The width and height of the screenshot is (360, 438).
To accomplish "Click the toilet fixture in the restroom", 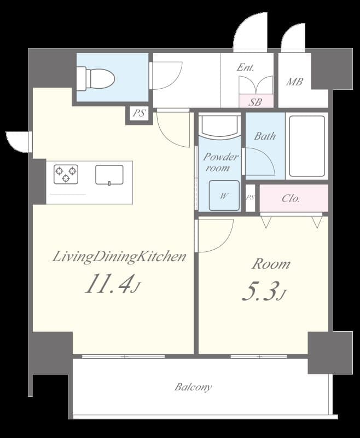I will (97, 78).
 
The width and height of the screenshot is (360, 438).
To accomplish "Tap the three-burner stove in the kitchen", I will (66, 174).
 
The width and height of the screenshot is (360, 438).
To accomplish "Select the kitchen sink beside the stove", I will (109, 175).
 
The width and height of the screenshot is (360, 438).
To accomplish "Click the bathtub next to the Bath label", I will (307, 146).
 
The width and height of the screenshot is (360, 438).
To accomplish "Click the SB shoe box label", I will (255, 102).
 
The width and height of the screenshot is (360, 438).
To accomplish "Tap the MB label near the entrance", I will (295, 82).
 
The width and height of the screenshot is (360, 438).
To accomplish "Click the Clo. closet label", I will (291, 198).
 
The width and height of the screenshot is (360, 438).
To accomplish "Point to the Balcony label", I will (193, 387).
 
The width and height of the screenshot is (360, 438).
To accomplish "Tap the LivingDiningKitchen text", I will (119, 256).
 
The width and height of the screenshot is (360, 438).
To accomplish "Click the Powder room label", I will (220, 163).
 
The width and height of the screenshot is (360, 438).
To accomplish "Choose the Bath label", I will (265, 136).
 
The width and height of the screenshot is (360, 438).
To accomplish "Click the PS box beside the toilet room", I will (139, 114).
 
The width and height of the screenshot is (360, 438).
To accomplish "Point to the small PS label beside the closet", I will (251, 197).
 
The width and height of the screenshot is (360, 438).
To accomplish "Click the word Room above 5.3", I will (270, 264).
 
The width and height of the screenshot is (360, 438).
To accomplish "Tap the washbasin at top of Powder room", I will (219, 125).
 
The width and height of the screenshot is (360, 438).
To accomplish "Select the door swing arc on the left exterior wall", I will (19, 141).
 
